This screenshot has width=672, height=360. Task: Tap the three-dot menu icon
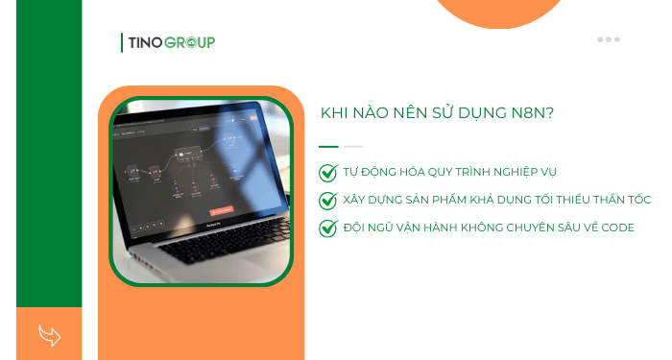pyautogui.click(x=609, y=39)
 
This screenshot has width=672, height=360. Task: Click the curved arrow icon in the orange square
pyautogui.click(x=49, y=334)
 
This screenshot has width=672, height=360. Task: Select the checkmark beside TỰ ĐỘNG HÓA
pyautogui.click(x=328, y=173)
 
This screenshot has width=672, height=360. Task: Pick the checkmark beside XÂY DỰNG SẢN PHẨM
pyautogui.click(x=328, y=201)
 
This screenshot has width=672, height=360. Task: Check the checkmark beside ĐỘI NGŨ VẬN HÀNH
pyautogui.click(x=328, y=228)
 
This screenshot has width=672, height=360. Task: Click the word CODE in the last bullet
pyautogui.click(x=612, y=228)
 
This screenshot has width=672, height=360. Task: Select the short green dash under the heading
pyautogui.click(x=328, y=146)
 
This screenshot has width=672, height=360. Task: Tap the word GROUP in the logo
pyautogui.click(x=189, y=42)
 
